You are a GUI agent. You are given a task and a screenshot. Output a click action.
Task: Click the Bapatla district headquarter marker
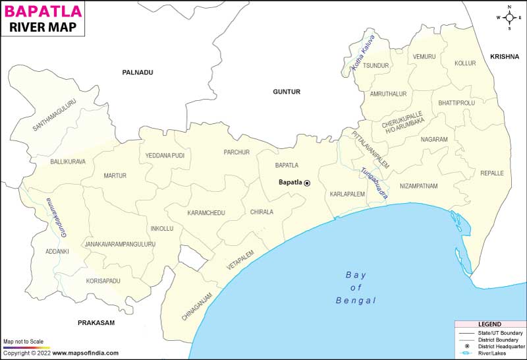(306, 183)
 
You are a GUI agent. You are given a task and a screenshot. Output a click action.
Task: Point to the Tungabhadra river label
(374, 183)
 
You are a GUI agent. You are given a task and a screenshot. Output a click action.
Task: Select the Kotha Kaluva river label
(362, 59)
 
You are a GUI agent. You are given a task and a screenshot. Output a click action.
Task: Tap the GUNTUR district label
(287, 92)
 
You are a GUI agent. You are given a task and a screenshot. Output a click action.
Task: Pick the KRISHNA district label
(505, 57)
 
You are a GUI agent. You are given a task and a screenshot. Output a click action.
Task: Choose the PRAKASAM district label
(96, 322)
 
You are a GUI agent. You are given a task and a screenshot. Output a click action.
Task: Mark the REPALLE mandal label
(492, 173)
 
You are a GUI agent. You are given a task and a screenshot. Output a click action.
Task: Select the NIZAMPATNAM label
(418, 186)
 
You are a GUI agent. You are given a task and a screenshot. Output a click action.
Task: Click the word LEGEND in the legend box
(490, 324)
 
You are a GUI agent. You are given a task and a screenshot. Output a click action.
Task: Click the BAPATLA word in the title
(43, 11)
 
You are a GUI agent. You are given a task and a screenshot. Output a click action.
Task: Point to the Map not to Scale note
(23, 341)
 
